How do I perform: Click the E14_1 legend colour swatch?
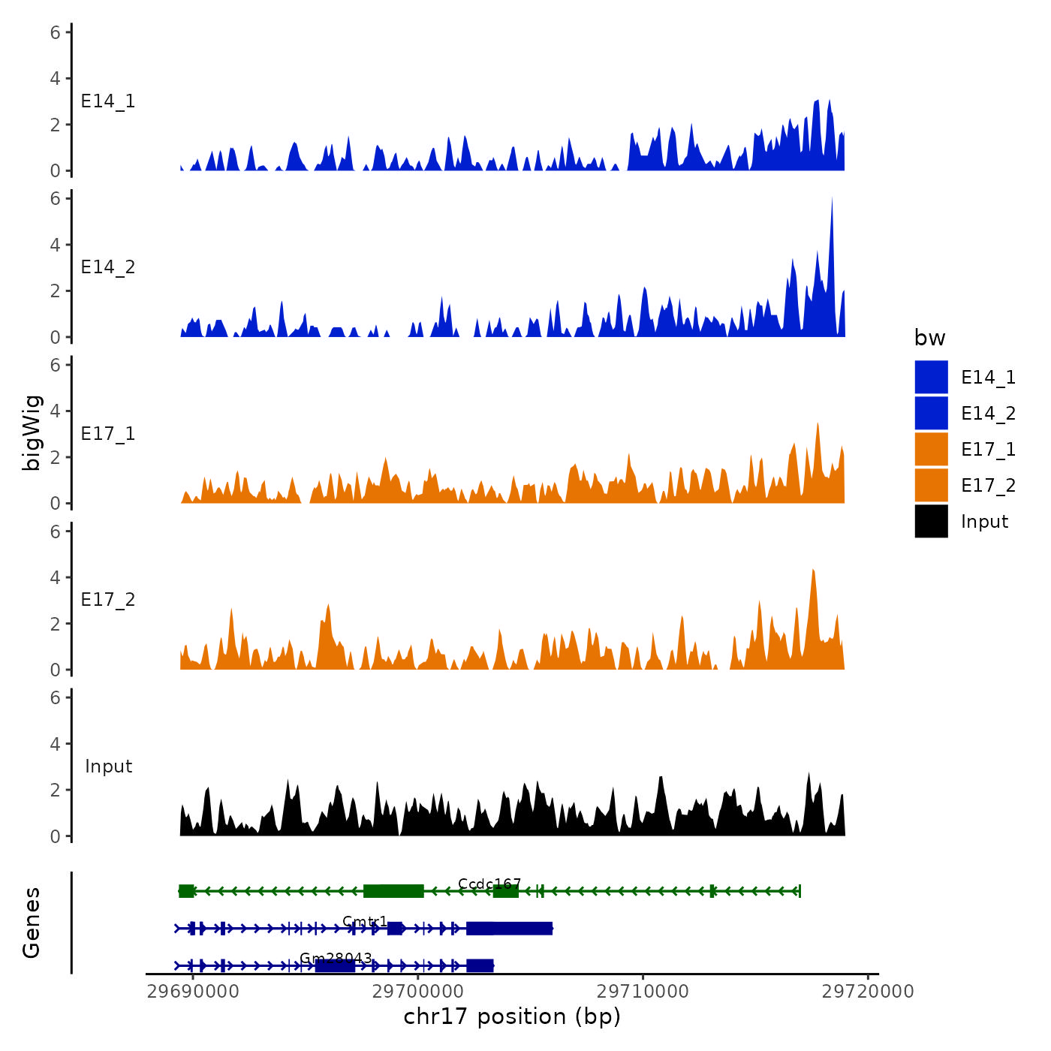931,377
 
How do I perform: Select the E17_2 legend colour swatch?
931,485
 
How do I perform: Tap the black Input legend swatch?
931,521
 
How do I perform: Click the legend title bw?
929,338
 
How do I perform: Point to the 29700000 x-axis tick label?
418,992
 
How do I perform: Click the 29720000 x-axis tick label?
868,992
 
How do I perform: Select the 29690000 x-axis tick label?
193,992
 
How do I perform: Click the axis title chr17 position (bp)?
512,1016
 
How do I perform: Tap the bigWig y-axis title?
32,432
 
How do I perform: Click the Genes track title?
32,923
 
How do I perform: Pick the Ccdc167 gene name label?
489,884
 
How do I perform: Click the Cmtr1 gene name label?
365,921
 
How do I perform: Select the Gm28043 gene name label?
336,958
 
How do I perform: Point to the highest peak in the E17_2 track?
813,572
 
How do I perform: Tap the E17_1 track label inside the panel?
108,434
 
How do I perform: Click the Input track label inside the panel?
108,766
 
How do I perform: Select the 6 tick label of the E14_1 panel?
56,32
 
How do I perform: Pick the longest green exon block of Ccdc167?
393,891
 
